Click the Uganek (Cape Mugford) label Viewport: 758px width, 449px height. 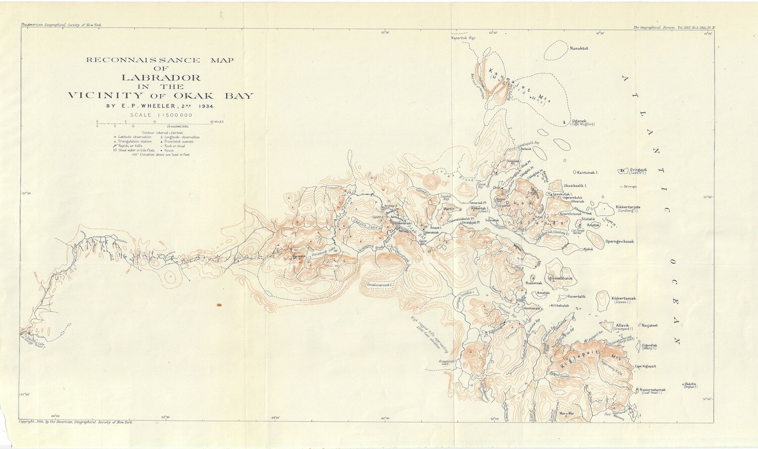[x=583, y=122]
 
